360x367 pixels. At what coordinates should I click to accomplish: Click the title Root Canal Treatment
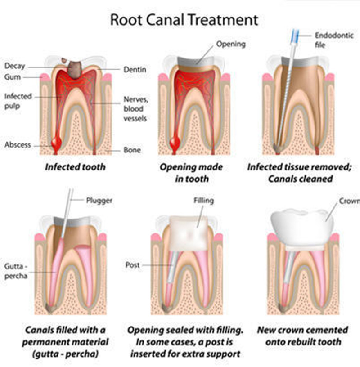[x=184, y=20]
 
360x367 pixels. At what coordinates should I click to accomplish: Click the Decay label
[x=14, y=67]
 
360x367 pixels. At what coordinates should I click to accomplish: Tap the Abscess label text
[x=18, y=145]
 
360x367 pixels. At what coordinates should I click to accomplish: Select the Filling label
[x=203, y=200]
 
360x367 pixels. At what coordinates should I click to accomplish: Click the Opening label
[x=231, y=44]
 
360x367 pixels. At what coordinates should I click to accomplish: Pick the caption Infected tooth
[x=75, y=167]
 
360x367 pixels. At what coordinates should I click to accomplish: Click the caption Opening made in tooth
[x=191, y=172]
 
